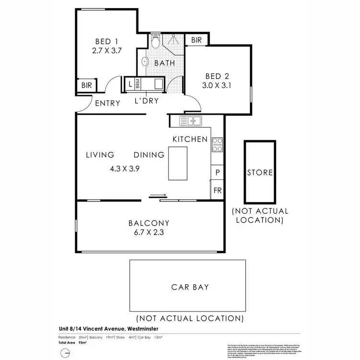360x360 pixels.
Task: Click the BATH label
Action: point(164,63)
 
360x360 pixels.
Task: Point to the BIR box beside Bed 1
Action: point(87,86)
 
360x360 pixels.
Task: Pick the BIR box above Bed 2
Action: point(196,40)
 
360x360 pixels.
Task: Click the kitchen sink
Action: point(192,120)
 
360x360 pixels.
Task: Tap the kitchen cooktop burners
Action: point(217,145)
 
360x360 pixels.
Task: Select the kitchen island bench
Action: point(178,163)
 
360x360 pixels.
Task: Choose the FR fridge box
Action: point(217,191)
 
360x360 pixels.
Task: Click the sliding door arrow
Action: point(157,195)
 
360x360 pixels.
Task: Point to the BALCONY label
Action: point(149,223)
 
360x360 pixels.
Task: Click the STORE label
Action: point(260,172)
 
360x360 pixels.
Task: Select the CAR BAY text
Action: point(190,287)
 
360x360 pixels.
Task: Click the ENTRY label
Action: point(108,103)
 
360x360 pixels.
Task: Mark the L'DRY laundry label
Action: point(146,101)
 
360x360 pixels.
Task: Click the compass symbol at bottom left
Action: point(65,353)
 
